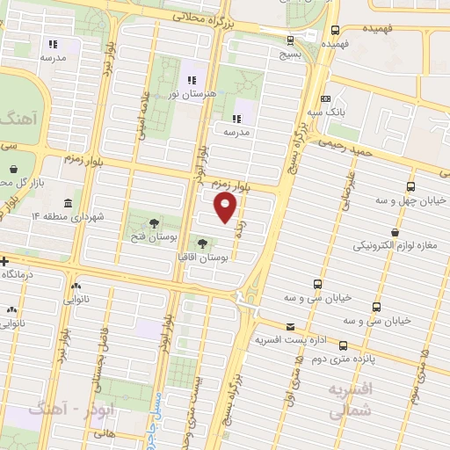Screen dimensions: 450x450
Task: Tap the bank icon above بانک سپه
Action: point(326,98)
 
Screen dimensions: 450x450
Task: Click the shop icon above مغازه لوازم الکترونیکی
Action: point(394,232)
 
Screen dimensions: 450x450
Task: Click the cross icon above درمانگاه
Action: point(5,261)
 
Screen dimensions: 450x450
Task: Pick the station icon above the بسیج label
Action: point(290,39)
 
